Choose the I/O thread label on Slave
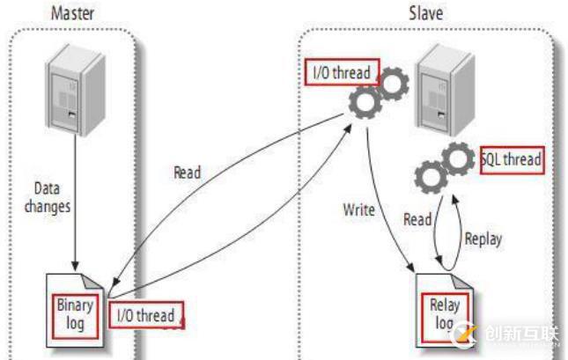click(x=339, y=72)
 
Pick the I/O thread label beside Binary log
click(x=145, y=315)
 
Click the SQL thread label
click(x=511, y=160)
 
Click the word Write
click(x=359, y=210)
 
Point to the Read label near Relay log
click(x=417, y=220)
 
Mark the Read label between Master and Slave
click(x=187, y=173)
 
